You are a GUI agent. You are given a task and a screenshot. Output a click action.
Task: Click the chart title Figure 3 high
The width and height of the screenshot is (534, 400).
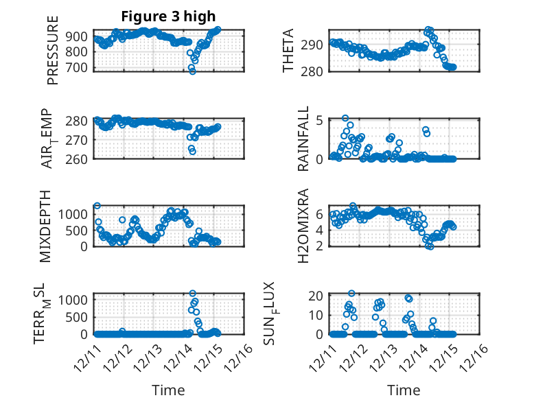click(168, 16)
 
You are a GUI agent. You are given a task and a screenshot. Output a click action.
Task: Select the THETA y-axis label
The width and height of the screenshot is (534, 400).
click(289, 51)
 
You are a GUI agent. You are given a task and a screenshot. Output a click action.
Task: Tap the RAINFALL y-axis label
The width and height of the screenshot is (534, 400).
click(303, 139)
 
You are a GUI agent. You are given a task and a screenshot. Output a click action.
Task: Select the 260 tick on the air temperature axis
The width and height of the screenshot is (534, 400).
click(78, 159)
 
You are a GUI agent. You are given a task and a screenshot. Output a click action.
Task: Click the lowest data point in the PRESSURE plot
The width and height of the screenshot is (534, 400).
click(193, 71)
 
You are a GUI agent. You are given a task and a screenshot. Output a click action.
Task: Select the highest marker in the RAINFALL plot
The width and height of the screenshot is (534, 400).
click(345, 118)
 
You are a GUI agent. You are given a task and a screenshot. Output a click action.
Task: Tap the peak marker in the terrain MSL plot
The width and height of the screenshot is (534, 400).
click(193, 294)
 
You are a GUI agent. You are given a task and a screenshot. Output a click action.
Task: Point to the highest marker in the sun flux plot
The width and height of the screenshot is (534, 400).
click(351, 294)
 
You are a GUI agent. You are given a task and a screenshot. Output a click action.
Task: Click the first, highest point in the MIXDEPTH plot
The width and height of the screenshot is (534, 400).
click(97, 206)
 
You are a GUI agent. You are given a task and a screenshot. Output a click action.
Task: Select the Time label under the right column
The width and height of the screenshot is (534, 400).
click(404, 390)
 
